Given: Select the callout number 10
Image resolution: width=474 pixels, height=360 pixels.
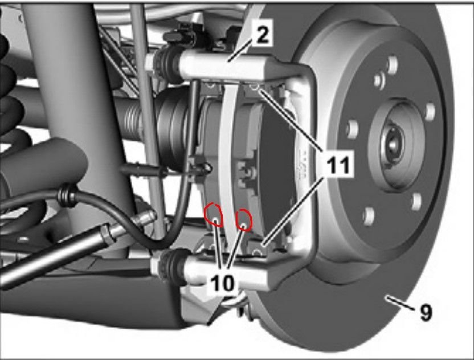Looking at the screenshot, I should tap(224, 284).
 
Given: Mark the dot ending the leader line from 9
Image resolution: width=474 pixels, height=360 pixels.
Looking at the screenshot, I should tap(387, 297).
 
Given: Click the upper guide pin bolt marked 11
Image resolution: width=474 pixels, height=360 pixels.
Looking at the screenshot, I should tap(255, 88).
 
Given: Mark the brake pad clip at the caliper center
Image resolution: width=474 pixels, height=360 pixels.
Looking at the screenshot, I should tap(247, 169).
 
